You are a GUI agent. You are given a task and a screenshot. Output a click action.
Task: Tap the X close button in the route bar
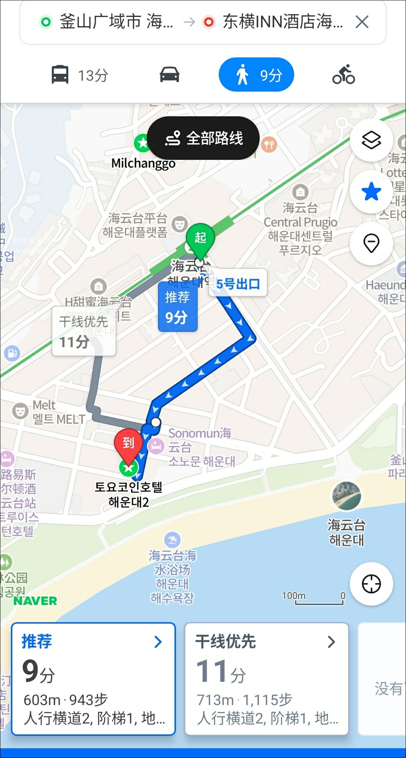[x=362, y=22]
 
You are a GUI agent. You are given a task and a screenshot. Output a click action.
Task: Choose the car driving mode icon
[x=170, y=75]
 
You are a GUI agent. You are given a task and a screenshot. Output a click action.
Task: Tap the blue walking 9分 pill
[x=256, y=75]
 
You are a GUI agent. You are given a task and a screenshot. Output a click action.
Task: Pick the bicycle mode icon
[x=343, y=75]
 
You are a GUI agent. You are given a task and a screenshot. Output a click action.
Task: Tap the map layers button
[x=371, y=140]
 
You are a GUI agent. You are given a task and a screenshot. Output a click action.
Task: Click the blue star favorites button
[x=371, y=192]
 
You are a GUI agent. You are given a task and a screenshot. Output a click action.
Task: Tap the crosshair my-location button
[x=371, y=584]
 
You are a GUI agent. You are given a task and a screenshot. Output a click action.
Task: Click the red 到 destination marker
[x=128, y=444]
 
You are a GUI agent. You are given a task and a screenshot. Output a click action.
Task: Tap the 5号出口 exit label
[x=238, y=284]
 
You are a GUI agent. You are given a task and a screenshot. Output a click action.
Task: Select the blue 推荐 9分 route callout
[x=177, y=307]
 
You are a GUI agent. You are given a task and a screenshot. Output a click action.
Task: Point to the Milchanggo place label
[x=143, y=164]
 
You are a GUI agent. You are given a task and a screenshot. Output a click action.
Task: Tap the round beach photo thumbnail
[x=347, y=496]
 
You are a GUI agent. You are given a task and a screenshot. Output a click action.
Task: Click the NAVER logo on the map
[x=35, y=601]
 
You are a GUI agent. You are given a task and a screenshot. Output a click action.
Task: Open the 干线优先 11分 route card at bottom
[x=266, y=678]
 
